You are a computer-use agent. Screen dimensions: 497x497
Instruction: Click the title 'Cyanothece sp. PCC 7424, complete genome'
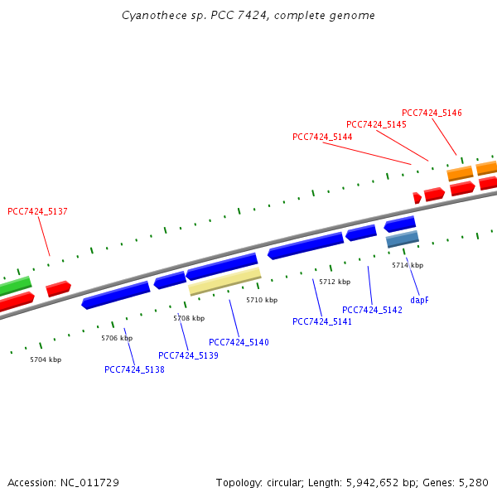pyautogui.click(x=248, y=16)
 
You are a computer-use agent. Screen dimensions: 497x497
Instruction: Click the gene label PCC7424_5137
pyautogui.click(x=37, y=211)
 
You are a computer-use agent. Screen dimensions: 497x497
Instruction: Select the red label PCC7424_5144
pyautogui.click(x=322, y=137)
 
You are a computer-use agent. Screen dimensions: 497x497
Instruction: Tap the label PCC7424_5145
pyautogui.click(x=376, y=124)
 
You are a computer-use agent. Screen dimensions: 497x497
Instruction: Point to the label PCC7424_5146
pyautogui.click(x=432, y=113)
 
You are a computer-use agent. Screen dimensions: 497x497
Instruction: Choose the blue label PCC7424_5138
pyautogui.click(x=134, y=369)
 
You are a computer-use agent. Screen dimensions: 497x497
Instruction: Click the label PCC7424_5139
pyautogui.click(x=188, y=355)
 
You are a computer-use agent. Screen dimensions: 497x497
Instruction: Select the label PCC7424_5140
pyautogui.click(x=239, y=342)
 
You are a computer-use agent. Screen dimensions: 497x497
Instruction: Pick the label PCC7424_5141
pyautogui.click(x=322, y=321)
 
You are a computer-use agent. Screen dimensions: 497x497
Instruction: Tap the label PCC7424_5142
pyautogui.click(x=372, y=310)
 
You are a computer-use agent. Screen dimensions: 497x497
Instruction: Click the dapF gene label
pyautogui.click(x=419, y=300)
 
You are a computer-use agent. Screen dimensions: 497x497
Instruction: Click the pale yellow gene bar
pyautogui.click(x=224, y=281)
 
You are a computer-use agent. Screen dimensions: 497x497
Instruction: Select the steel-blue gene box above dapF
pyautogui.click(x=403, y=239)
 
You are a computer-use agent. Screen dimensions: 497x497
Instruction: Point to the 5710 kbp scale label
pyautogui.click(x=262, y=300)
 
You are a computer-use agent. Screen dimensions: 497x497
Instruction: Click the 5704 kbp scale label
pyautogui.click(x=46, y=359)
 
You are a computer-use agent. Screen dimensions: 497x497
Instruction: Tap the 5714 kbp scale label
pyautogui.click(x=408, y=265)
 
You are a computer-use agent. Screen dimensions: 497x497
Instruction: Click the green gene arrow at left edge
pyautogui.click(x=15, y=287)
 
